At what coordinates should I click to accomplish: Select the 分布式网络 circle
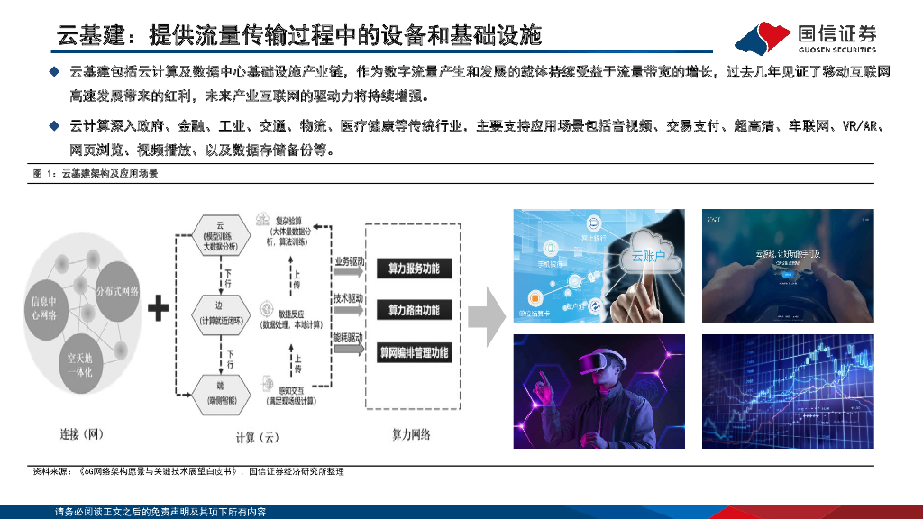click(x=117, y=290)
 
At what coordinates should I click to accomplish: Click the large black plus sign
click(x=159, y=310)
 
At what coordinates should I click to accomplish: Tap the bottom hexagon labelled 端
click(x=219, y=387)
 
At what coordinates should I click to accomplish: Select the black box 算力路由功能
click(x=414, y=310)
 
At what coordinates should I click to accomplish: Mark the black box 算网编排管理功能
click(x=414, y=353)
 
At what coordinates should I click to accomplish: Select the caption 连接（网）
click(x=82, y=434)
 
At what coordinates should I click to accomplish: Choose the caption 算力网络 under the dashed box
click(x=410, y=434)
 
